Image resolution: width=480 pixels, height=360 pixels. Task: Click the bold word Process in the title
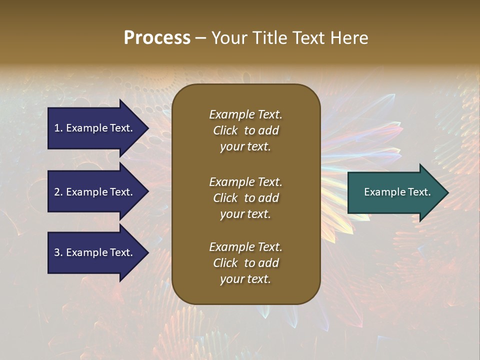point(157,38)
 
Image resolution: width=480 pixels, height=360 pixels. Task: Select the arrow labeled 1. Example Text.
point(95,128)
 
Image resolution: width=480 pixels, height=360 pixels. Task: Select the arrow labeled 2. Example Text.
point(95,192)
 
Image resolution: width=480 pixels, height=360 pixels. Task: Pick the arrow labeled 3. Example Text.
point(95,252)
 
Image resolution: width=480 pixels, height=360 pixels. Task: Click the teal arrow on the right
point(395,192)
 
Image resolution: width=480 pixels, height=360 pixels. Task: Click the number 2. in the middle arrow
point(58,192)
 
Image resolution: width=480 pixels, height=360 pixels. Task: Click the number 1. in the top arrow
point(58,128)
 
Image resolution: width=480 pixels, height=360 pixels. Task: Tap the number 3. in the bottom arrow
point(58,252)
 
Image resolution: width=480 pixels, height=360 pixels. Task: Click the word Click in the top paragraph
point(225,130)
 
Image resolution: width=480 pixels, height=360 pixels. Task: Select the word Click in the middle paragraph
point(225,198)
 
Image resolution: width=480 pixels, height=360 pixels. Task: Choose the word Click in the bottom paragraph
point(225,263)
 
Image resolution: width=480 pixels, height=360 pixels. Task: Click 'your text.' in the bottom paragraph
point(245,279)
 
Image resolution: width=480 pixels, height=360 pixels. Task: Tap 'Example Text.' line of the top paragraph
point(245,114)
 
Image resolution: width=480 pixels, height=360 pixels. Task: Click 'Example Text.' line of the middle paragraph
point(245,182)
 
